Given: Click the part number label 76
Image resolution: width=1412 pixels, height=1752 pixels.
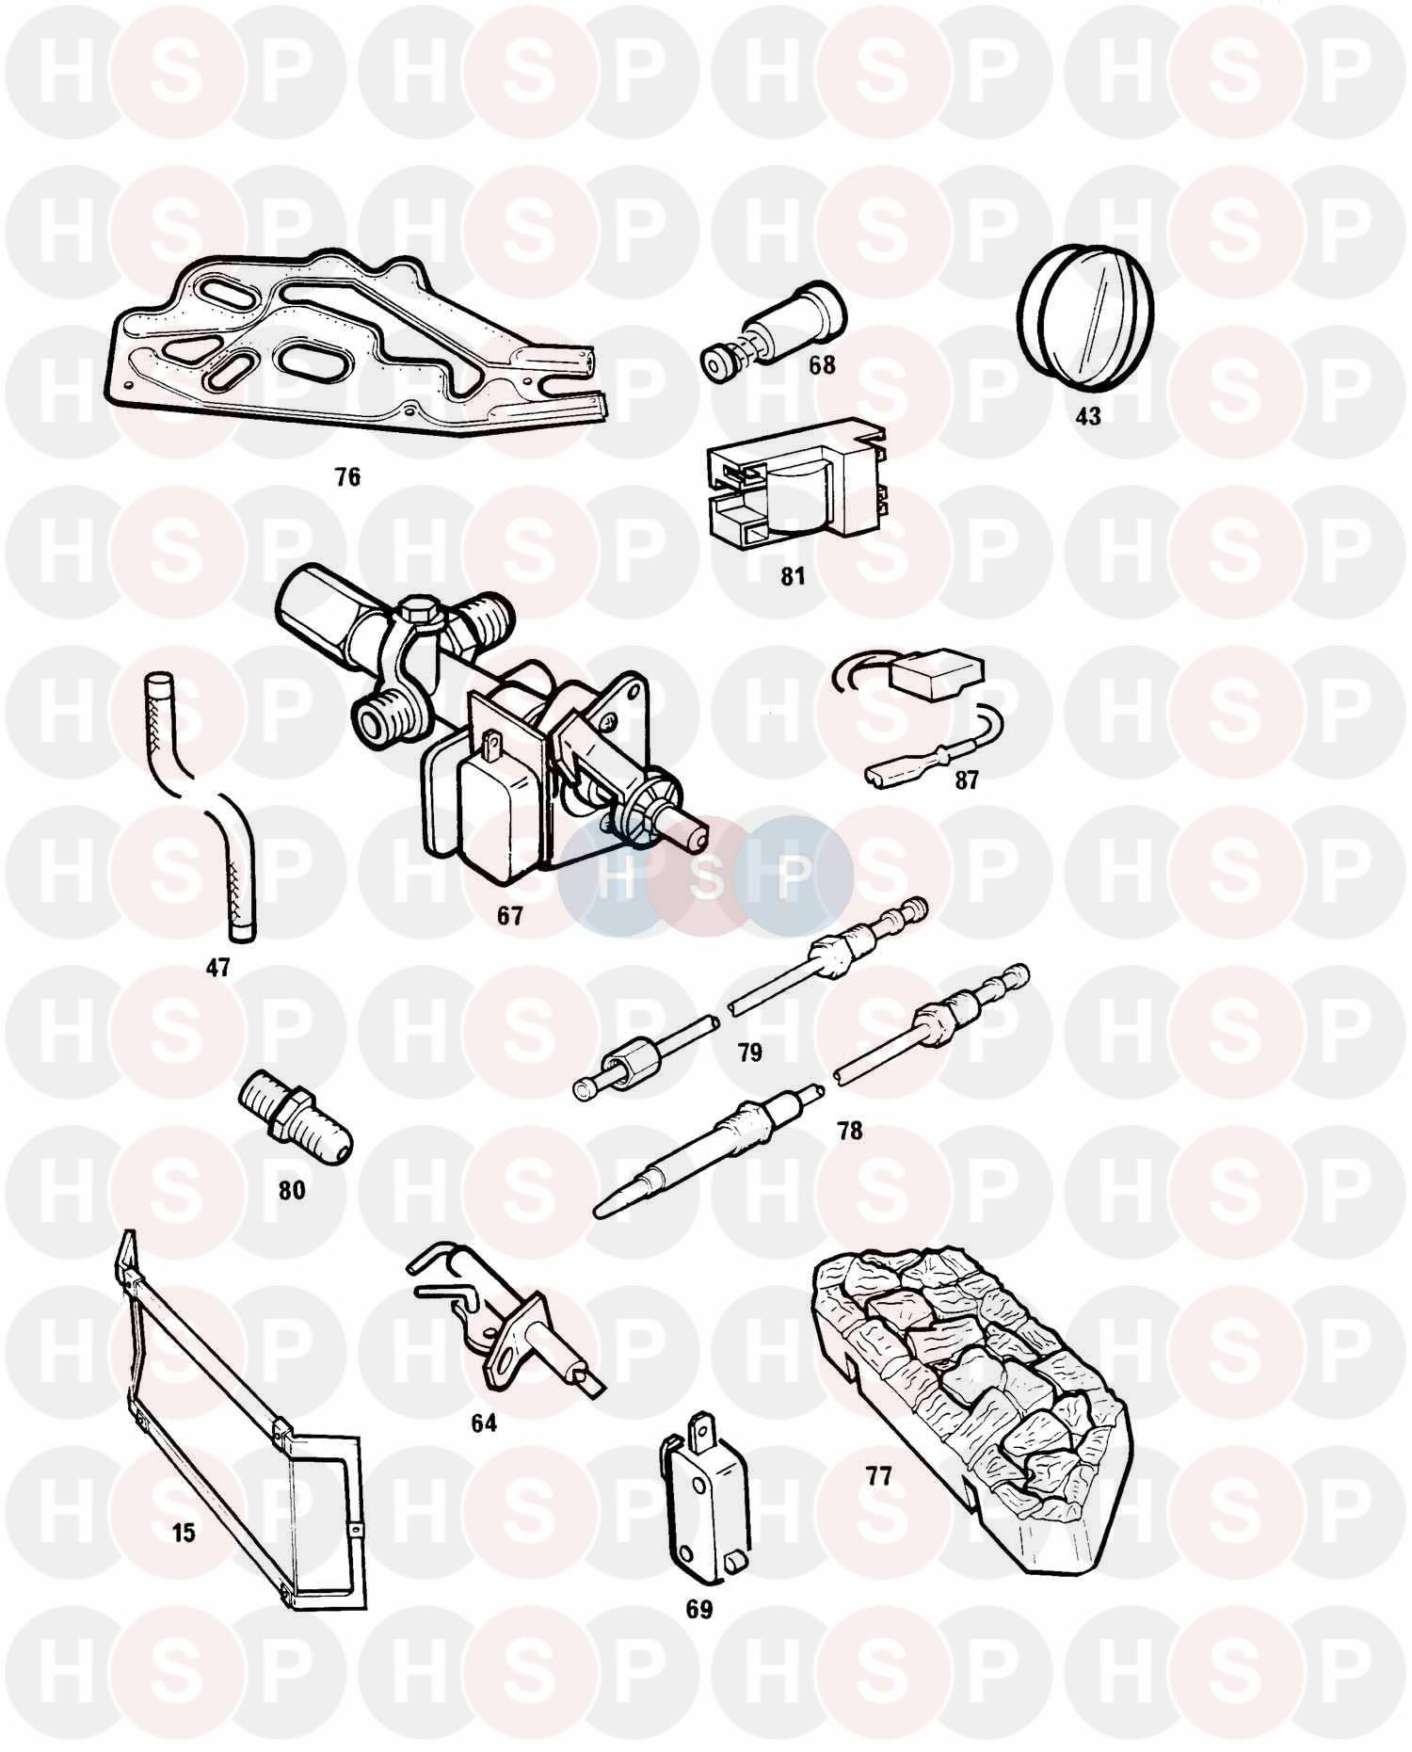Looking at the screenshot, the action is point(347,477).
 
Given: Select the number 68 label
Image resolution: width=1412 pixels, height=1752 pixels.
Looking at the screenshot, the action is point(822,364).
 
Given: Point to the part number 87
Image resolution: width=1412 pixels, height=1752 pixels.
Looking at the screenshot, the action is point(966,780).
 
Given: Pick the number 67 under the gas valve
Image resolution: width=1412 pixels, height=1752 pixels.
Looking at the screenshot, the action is point(509,914).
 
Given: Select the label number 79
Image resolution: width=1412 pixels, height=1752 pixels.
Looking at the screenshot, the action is point(749,1052).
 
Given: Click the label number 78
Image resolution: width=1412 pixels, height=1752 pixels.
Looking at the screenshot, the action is point(849,1130).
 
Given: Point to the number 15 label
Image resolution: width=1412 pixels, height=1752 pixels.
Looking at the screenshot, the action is point(184,1532).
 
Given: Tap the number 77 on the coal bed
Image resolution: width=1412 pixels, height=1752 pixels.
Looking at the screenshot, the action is point(878,1475).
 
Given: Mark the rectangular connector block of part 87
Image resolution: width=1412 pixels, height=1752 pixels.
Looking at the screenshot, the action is point(936,677).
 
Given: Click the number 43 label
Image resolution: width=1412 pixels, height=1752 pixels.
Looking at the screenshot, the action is point(1087,415).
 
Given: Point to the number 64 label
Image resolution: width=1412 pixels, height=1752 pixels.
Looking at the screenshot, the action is point(483,1422).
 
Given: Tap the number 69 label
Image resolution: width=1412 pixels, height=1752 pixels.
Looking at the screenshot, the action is point(698,1609).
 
